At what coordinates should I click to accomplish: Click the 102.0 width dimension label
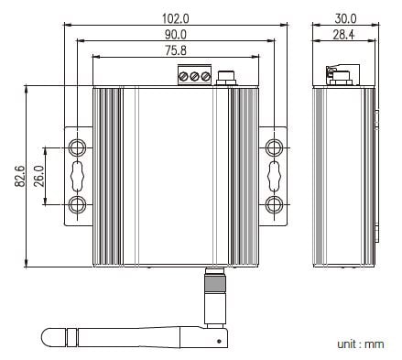(175, 18)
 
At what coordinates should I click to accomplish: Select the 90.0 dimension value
(176, 35)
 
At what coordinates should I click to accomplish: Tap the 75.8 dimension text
(176, 50)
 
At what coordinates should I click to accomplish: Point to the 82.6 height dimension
(20, 176)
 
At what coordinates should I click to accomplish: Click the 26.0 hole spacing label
(38, 176)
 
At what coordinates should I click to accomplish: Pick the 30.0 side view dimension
(345, 18)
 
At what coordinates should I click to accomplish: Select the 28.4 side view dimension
(343, 35)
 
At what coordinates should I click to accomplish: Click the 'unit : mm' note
(361, 344)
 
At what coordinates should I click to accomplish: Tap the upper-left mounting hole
(77, 147)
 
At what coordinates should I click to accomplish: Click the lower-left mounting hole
(77, 204)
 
